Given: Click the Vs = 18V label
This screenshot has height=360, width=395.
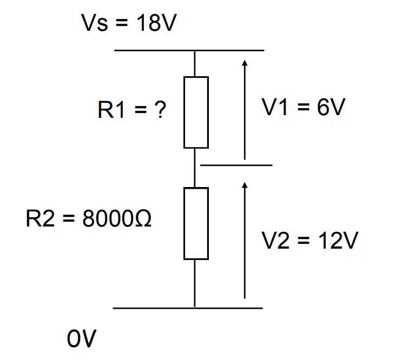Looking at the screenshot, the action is [129, 23].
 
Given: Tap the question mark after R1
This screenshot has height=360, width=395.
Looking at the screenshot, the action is [160, 109].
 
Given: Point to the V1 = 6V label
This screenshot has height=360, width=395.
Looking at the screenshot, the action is [304, 107].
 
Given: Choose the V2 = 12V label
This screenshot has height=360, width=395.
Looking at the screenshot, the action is [310, 240].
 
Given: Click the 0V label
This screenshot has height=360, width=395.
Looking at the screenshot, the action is [82, 338].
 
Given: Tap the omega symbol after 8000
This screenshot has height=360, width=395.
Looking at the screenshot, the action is [143, 218].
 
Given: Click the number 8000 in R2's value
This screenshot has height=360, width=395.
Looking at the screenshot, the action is [109, 218].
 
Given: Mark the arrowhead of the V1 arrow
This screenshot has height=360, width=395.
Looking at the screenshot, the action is [245, 62].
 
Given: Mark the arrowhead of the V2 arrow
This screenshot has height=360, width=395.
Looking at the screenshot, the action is [245, 185].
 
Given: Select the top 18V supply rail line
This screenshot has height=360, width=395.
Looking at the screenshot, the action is [189, 51].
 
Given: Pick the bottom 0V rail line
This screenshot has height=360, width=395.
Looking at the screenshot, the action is [188, 308].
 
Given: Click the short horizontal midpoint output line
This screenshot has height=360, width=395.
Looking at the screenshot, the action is [236, 165].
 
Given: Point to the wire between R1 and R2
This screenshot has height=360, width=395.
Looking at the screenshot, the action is [195, 168].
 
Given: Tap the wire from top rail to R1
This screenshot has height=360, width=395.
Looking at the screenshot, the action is [195, 64].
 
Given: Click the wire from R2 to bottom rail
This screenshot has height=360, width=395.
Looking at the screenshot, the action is [195, 284].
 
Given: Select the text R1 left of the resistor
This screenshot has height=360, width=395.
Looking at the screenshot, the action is [111, 109].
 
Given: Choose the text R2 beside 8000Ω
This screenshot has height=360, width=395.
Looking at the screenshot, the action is [40, 218].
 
